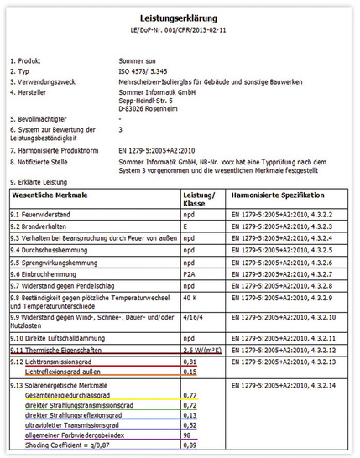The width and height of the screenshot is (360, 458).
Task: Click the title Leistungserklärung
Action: [180, 18]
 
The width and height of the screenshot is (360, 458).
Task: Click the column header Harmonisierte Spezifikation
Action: [277, 194]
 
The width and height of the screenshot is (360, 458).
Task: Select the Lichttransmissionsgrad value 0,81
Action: [190, 361]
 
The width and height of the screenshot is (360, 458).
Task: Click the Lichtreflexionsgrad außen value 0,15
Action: [190, 372]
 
